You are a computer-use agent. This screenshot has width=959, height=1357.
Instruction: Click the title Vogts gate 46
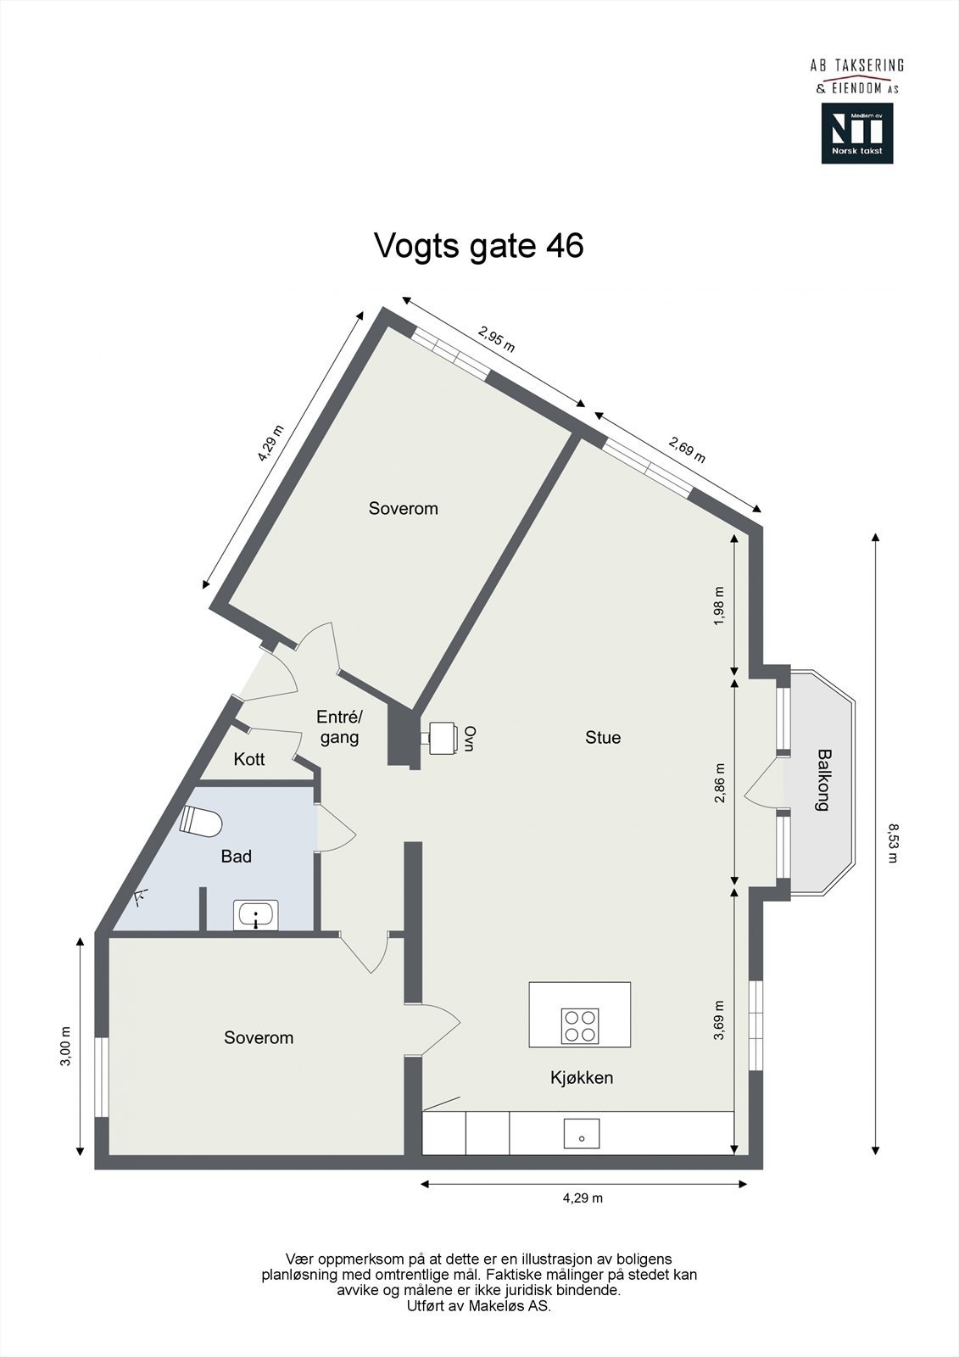479,246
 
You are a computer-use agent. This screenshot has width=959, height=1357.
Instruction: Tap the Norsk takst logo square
856,133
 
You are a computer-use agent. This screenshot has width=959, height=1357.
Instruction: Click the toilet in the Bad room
201,822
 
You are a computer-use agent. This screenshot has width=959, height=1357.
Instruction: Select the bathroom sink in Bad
255,916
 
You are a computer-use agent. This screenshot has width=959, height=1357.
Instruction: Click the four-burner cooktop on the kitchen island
581,1025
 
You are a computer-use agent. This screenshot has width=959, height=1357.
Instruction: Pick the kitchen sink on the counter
582,1134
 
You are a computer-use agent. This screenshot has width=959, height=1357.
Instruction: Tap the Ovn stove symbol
441,736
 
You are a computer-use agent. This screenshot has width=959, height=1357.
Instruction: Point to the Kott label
249,759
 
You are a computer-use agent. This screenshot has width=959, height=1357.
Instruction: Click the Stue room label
603,738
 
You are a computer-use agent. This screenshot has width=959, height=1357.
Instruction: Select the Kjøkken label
582,1078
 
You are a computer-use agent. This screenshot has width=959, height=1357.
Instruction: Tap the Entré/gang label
339,727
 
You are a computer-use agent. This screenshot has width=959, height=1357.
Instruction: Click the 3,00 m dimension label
65,1047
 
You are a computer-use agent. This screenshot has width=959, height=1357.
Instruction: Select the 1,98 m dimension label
720,606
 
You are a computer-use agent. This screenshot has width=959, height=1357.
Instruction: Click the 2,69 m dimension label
687,450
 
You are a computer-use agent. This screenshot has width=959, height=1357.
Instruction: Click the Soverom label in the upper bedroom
404,509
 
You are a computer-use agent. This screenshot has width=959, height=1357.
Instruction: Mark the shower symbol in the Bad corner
141,895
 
